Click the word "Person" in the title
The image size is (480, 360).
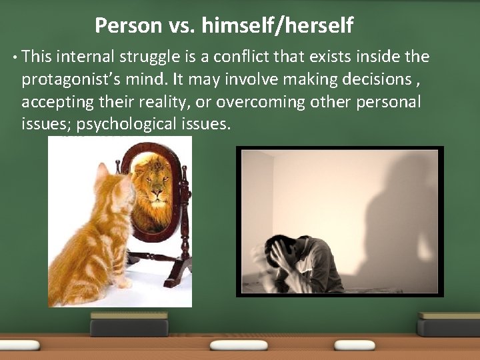click(129, 26)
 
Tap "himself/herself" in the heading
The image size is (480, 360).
click(277, 26)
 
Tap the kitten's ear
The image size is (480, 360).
click(101, 171)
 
